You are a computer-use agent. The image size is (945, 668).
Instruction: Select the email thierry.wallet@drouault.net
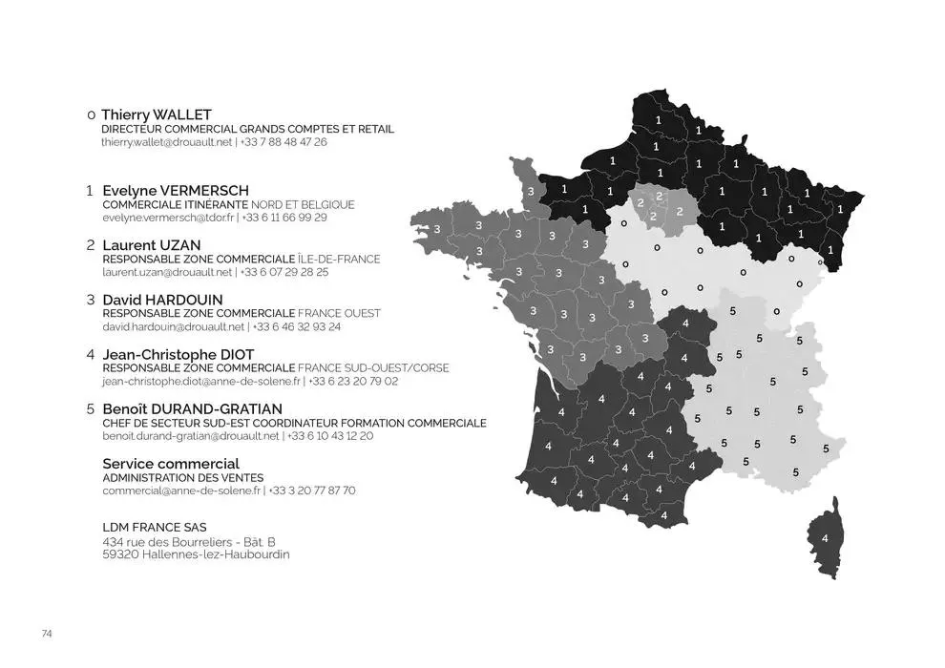click(166, 142)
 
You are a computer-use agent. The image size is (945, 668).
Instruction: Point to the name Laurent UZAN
click(151, 244)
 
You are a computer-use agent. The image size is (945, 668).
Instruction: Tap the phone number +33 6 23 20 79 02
click(354, 382)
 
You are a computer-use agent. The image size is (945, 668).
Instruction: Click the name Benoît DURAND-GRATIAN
click(192, 408)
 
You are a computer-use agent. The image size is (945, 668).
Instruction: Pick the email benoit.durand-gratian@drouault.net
click(191, 436)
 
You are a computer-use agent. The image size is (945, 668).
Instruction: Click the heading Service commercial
click(170, 464)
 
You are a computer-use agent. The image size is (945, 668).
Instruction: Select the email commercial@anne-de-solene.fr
click(181, 491)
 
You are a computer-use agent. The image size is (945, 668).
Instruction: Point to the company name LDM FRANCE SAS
click(154, 527)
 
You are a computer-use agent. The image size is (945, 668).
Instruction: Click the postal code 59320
click(119, 554)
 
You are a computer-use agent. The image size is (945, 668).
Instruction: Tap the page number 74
click(47, 634)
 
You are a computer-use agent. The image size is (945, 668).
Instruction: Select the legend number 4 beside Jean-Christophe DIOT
click(90, 354)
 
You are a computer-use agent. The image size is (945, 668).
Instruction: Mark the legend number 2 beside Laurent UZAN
click(90, 244)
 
